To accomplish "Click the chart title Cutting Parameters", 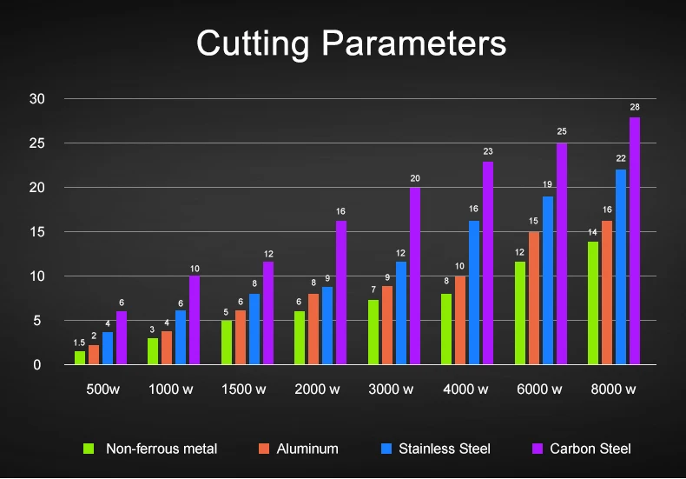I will (351, 43).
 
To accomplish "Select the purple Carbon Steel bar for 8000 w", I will (635, 241).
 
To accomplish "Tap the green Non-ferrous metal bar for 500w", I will (80, 357).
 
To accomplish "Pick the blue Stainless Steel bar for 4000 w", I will (474, 293).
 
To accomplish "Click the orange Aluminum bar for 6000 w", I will (534, 298).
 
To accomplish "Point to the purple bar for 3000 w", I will (415, 276).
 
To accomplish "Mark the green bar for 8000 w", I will (593, 303).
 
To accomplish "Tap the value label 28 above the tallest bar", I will (635, 107).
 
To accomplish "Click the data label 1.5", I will (80, 343).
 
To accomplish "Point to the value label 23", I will (488, 151).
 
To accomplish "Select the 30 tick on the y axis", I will (36, 99).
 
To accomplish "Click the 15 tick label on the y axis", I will (36, 232).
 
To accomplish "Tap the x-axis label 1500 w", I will (246, 389).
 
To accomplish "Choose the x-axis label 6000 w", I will (538, 389).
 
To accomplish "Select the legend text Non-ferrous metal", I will (162, 449).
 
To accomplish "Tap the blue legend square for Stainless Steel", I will (386, 449).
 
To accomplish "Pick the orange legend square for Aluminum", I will (264, 449).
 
